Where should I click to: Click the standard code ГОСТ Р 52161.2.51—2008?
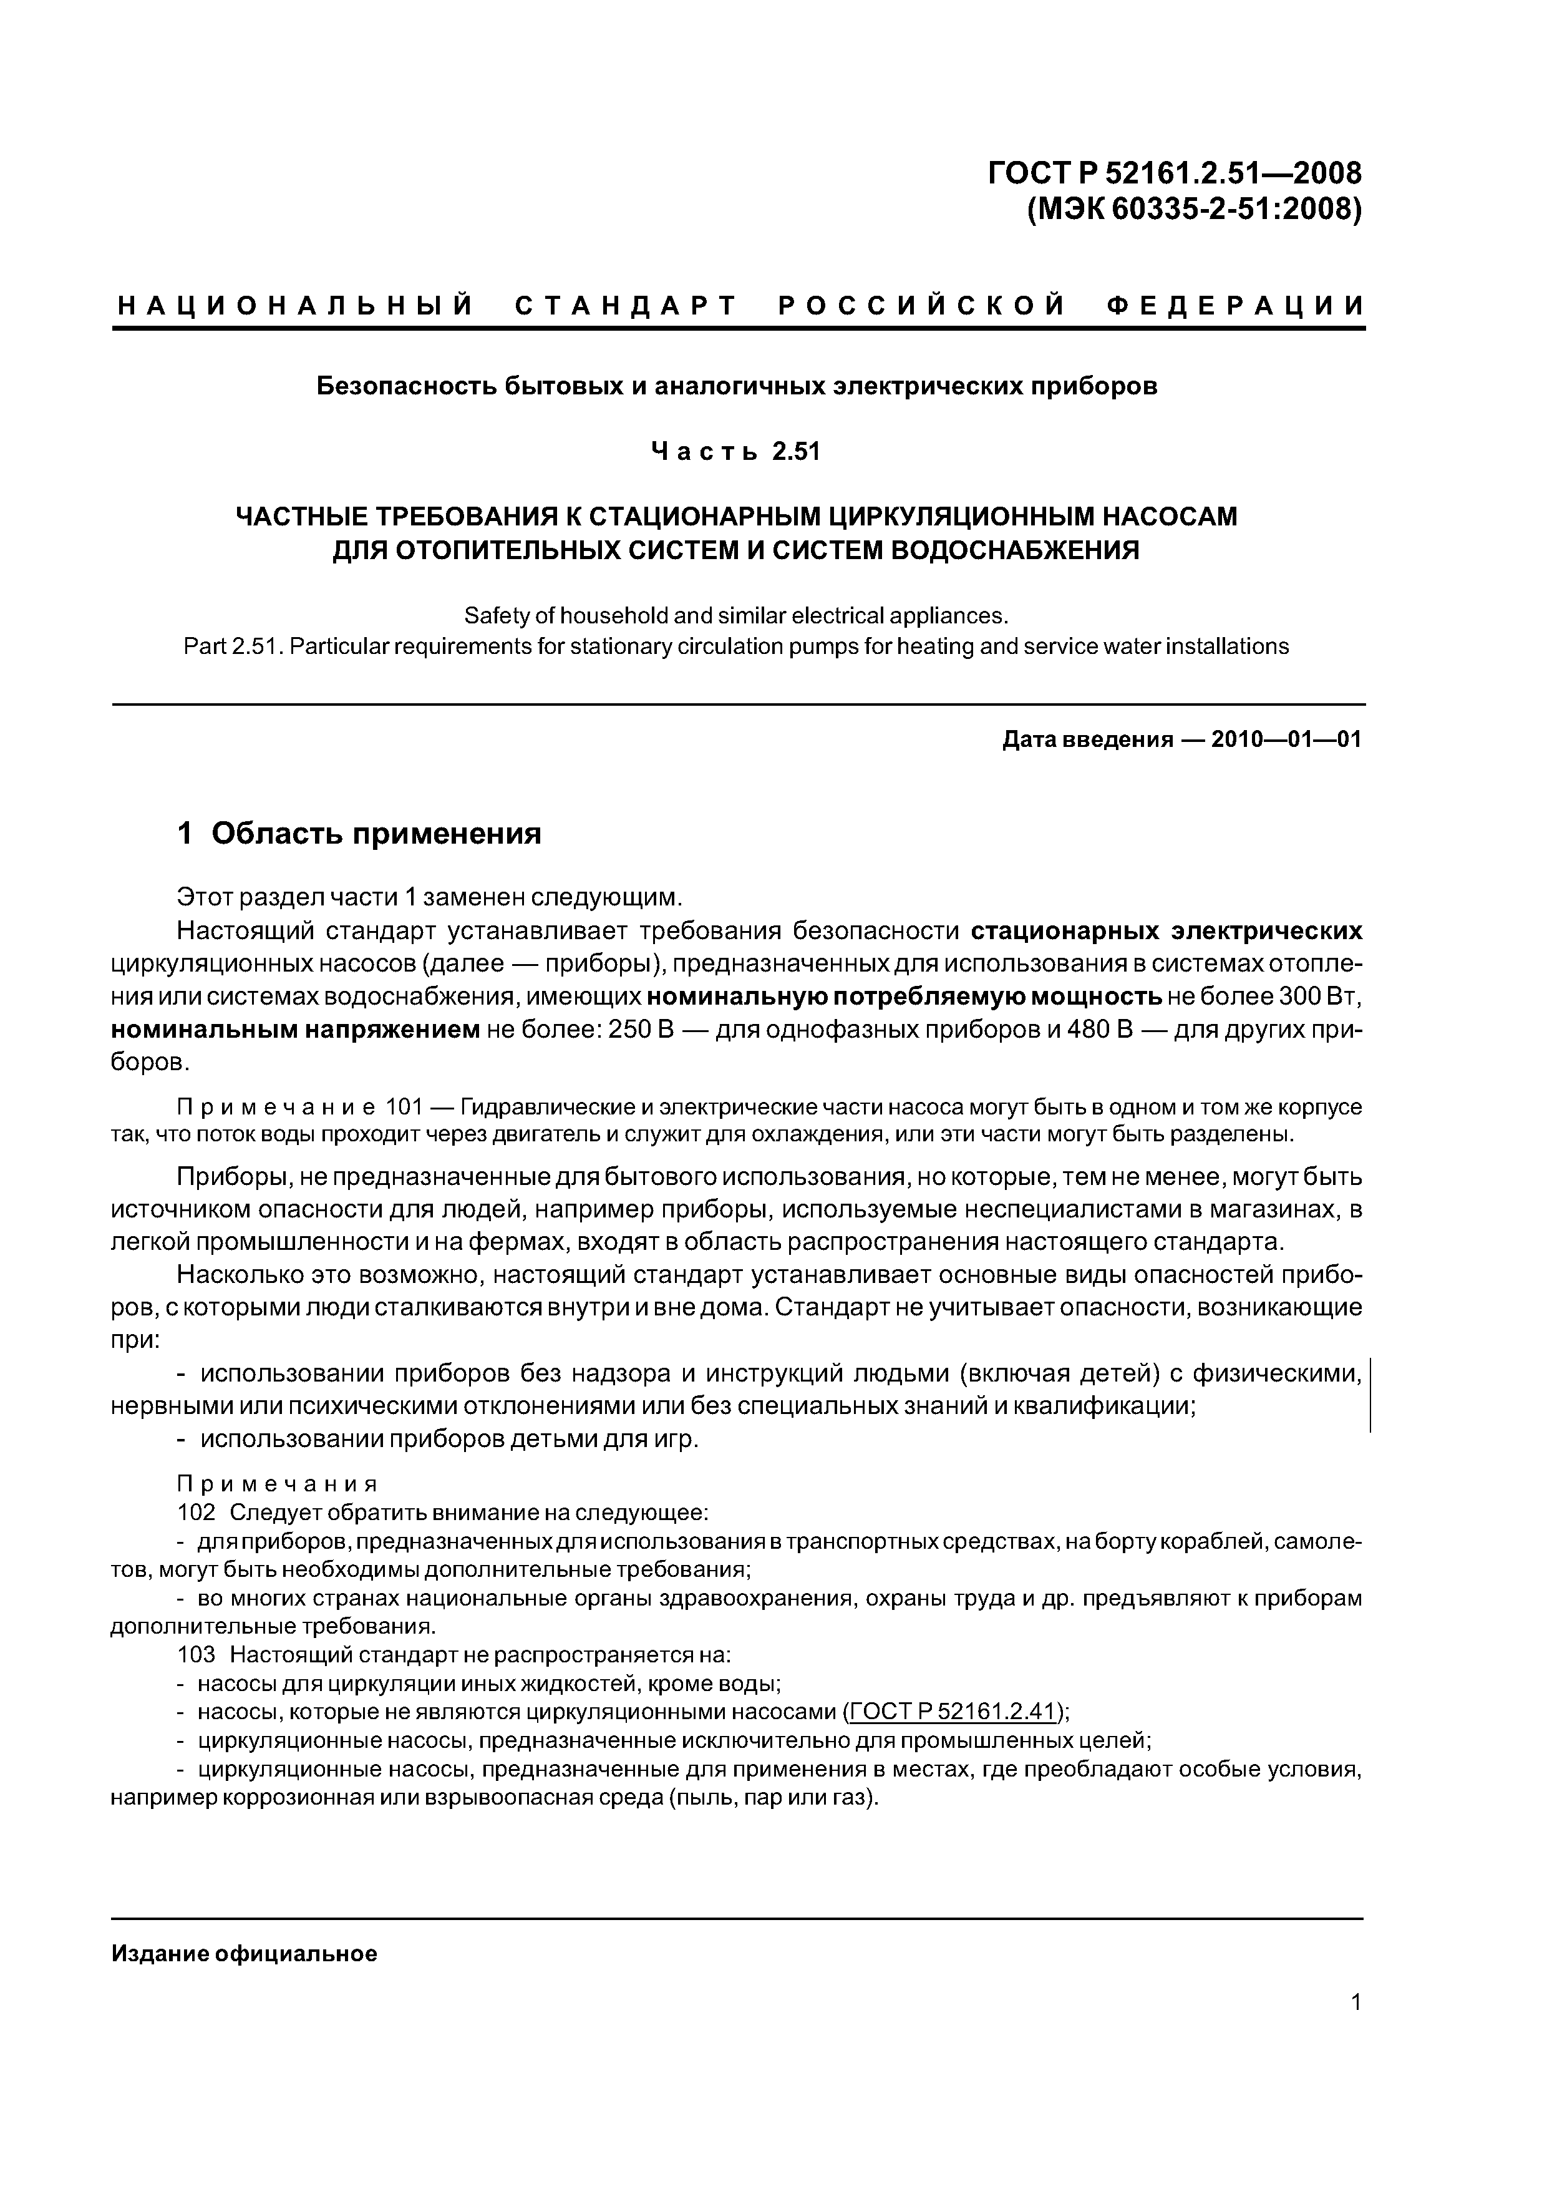(x=1175, y=173)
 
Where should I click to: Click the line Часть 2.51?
(x=735, y=451)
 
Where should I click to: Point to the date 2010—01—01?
(x=1286, y=740)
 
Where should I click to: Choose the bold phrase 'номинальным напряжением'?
(x=296, y=1030)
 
